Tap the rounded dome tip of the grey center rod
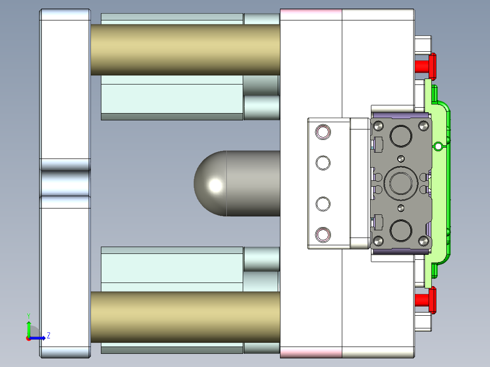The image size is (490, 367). point(209,183)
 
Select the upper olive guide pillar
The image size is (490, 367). point(185,50)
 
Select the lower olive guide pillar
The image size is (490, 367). point(185,317)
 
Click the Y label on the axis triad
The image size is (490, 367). point(28,315)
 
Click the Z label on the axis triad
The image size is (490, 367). point(48,336)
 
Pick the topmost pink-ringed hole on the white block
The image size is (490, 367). point(323,132)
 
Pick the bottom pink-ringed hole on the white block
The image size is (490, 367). point(323,234)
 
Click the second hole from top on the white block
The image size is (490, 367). point(323,162)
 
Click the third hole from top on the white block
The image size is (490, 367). point(323,204)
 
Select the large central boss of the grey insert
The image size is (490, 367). point(400,183)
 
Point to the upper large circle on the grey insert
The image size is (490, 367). point(400,135)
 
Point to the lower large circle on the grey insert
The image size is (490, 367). point(400,231)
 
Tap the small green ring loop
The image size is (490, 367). point(438,146)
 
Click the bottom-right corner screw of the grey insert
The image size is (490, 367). point(424,240)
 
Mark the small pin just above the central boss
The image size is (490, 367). point(400,159)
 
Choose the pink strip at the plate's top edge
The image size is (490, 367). point(310,15)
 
